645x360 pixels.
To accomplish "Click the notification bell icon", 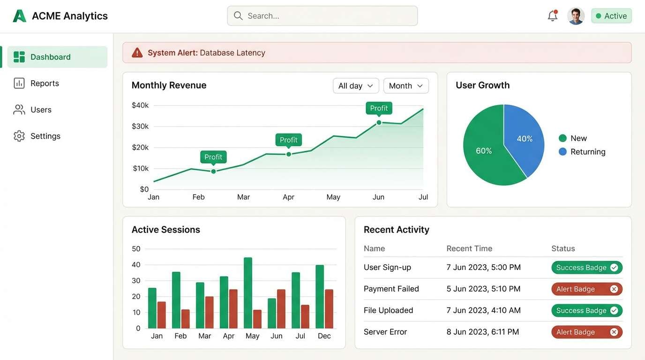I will point(553,16).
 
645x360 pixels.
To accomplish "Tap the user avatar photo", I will point(576,16).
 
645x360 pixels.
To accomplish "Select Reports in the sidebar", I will point(45,83).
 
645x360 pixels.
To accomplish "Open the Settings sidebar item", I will point(45,136).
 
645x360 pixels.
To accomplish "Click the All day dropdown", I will point(355,86).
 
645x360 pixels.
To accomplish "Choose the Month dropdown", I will point(406,86).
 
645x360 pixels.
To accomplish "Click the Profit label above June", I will point(379,108).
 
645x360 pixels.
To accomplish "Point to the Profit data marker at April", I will point(289,154).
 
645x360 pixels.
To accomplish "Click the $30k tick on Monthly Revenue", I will point(140,126).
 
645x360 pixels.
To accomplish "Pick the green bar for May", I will point(248,293).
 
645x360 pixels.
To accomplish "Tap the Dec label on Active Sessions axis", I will point(324,336).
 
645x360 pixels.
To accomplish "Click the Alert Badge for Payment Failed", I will point(586,289).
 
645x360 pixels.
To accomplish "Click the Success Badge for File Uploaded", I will point(586,311).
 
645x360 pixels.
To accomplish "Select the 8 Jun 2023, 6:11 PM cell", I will point(482,332).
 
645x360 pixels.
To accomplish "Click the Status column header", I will point(563,248).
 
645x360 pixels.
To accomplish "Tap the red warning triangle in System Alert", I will point(137,53).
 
